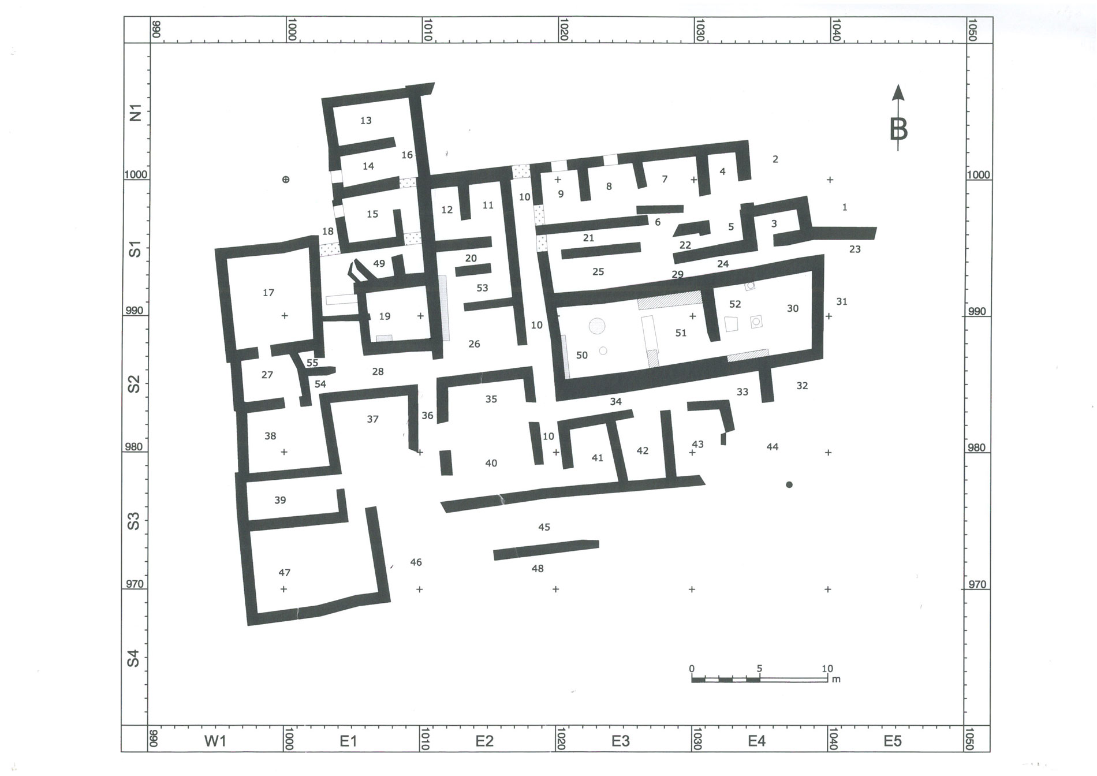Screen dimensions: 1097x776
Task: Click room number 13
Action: click(365, 121)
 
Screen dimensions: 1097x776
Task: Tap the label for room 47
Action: click(284, 573)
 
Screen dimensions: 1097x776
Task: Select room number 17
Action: click(268, 293)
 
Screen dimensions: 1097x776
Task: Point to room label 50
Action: click(582, 355)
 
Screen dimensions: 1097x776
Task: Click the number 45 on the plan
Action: click(544, 527)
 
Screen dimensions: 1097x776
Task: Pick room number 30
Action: click(793, 308)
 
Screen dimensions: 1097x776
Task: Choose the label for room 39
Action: click(280, 500)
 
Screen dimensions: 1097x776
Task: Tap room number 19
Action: click(385, 316)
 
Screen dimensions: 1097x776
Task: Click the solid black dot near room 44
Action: click(789, 485)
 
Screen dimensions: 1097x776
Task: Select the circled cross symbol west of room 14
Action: click(285, 180)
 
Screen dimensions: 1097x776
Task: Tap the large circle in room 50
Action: click(596, 326)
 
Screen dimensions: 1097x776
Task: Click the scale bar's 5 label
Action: click(760, 669)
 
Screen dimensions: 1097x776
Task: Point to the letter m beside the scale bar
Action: click(836, 680)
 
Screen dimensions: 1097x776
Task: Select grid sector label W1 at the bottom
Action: click(215, 741)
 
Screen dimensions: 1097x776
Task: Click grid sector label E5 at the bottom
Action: click(893, 741)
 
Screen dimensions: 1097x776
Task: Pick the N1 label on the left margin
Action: click(135, 112)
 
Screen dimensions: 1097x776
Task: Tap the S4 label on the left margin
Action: click(133, 658)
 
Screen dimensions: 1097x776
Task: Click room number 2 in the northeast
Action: click(775, 159)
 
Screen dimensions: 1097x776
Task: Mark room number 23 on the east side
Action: click(855, 249)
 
